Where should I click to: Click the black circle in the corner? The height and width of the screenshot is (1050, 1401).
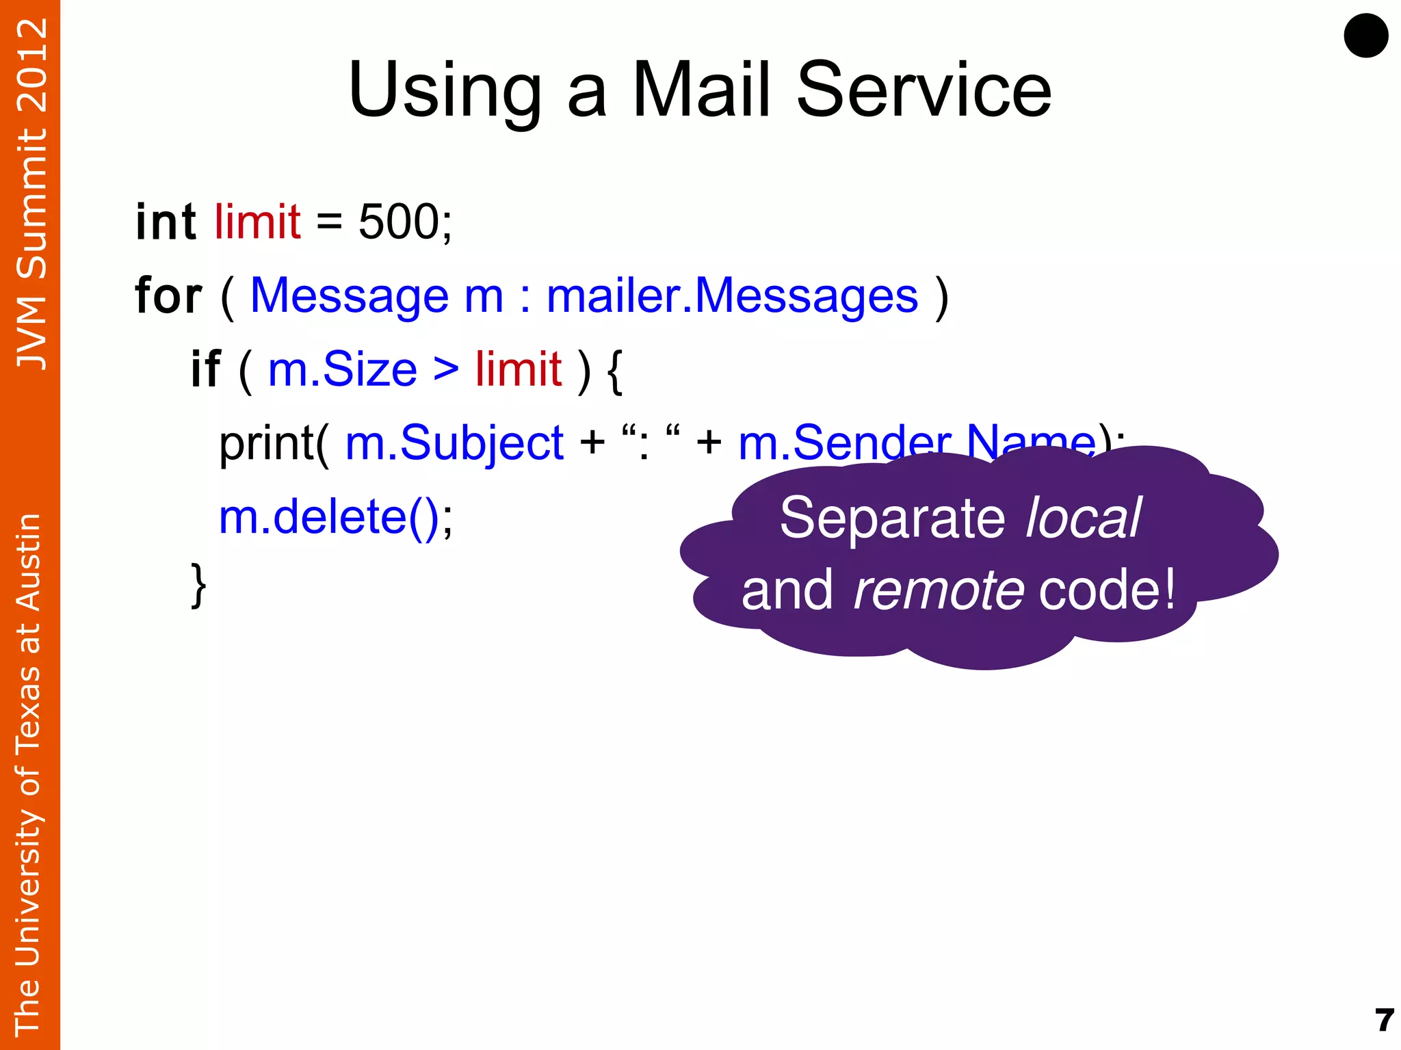click(1365, 36)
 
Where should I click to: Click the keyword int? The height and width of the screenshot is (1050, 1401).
click(166, 222)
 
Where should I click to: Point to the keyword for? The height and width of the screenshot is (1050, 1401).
click(168, 296)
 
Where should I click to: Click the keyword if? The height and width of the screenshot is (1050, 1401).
click(205, 369)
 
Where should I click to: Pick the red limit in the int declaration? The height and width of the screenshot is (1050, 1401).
click(257, 222)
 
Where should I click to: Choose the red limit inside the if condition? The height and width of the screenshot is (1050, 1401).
click(519, 369)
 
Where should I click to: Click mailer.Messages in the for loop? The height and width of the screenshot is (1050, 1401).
click(732, 296)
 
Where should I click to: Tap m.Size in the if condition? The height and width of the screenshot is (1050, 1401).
click(342, 369)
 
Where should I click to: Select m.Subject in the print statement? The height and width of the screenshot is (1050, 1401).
click(454, 443)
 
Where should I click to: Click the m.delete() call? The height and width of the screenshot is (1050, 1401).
click(328, 516)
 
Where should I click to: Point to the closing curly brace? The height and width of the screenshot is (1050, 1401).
click(198, 586)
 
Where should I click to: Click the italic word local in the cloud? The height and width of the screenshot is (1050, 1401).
click(1083, 518)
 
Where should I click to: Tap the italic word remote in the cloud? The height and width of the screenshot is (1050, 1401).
click(939, 590)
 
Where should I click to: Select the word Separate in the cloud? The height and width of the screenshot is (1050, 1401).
click(892, 518)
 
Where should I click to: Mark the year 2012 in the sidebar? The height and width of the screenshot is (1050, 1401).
click(31, 66)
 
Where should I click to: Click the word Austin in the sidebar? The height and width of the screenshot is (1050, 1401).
click(29, 562)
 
